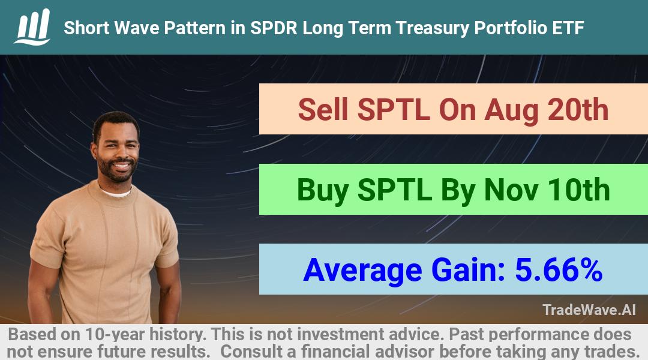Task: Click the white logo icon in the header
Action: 32,27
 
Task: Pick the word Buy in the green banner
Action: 322,191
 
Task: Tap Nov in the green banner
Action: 511,190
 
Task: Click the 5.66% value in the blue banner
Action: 559,270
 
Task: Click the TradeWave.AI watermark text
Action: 589,310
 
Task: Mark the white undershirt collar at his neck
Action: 116,192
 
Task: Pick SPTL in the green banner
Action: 394,190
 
